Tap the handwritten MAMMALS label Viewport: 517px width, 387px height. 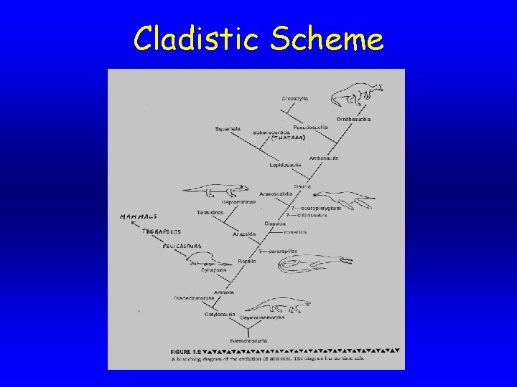tap(138, 216)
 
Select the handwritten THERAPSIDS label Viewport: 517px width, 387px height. tap(162, 231)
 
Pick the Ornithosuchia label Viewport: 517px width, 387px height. tap(353, 119)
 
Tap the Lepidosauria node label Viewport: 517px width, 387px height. tap(286, 164)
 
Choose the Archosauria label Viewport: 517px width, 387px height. tap(323, 158)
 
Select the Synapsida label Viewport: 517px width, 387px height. tap(214, 269)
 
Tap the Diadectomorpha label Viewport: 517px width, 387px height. tap(193, 298)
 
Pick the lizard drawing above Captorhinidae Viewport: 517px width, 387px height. tap(215, 191)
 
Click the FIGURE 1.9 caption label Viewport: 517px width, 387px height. tap(185, 350)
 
